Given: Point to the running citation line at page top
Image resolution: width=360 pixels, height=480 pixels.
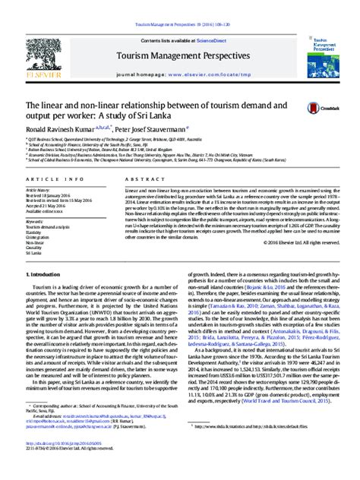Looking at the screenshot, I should point(179,5).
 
